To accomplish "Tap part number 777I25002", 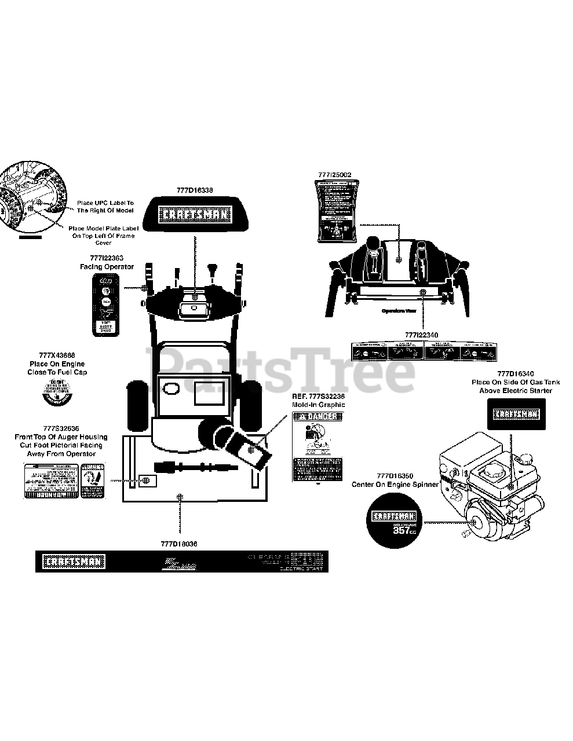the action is click(x=334, y=174).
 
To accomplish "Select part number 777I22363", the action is click(x=107, y=258).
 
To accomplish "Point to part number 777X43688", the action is click(x=57, y=355).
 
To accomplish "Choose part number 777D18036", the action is click(x=181, y=544).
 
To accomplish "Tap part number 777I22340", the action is click(x=421, y=335).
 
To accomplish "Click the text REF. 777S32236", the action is click(x=318, y=396).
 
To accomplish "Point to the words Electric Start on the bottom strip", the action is click(x=303, y=569).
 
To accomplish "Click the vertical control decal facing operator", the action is click(x=106, y=304).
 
